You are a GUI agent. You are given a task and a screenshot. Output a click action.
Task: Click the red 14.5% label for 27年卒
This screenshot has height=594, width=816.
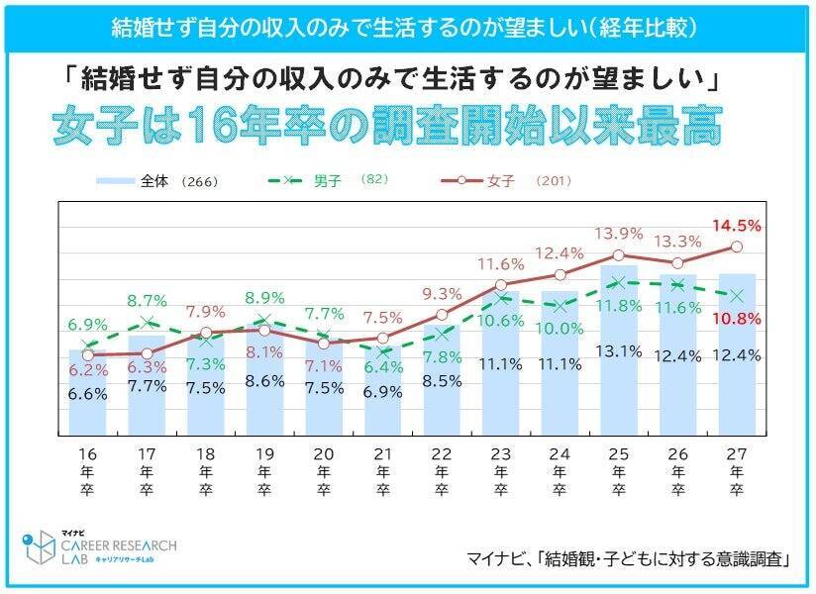(736, 226)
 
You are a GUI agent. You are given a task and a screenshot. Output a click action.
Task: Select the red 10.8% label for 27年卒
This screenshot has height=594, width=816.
(736, 319)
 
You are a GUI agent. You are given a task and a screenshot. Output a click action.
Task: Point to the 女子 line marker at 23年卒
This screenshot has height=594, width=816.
(501, 285)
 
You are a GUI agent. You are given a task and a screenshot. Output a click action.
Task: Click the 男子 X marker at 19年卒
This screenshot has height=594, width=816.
(264, 320)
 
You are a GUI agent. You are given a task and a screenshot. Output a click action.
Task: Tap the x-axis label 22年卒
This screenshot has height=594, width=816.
(442, 473)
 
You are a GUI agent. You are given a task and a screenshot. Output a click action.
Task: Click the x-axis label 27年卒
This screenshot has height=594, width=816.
(736, 473)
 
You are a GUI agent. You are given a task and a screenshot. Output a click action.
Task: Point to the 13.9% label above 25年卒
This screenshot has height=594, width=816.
(619, 234)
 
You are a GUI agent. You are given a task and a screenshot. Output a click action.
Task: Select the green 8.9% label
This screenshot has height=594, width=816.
(264, 297)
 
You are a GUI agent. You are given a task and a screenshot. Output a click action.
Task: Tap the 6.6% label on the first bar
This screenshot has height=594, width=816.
(87, 393)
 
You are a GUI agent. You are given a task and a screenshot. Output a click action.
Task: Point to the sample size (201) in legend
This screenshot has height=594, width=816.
(553, 181)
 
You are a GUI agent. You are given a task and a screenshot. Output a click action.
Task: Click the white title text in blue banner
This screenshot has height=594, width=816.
(408, 27)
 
